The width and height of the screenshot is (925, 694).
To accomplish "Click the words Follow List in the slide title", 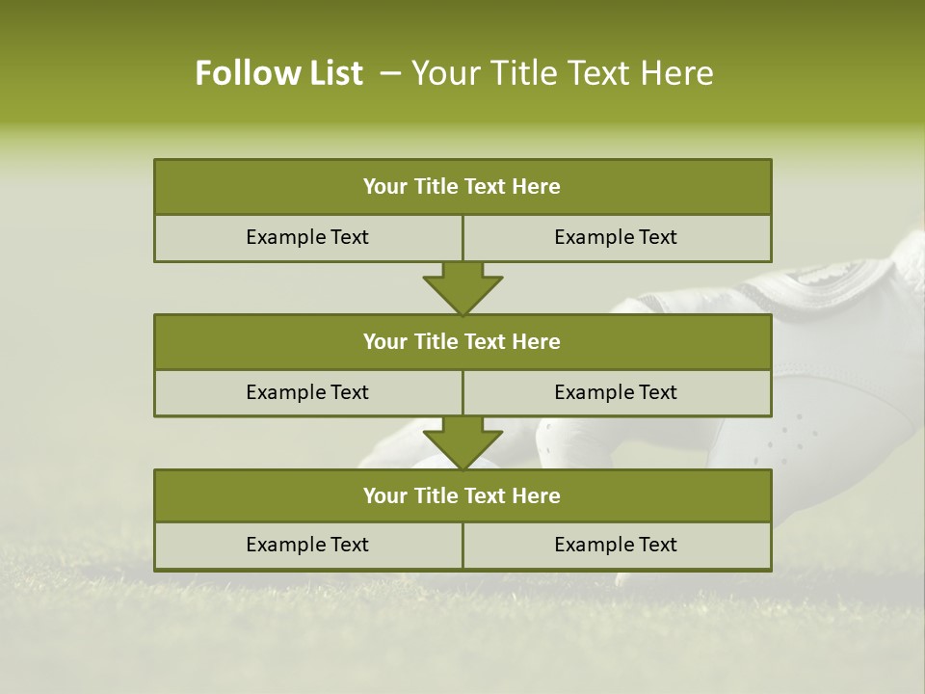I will click(278, 73).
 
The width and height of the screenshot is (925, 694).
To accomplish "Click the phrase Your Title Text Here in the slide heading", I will click(562, 73).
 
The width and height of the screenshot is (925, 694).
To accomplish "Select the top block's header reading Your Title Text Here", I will click(462, 187).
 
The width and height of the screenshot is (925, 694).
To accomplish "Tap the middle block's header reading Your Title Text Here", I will click(462, 341).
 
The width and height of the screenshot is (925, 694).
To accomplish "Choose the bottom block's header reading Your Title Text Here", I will click(462, 495).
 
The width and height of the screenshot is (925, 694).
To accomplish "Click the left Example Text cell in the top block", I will click(307, 237).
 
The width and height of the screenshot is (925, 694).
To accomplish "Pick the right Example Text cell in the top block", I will click(616, 237).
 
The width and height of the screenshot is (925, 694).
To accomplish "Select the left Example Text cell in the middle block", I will click(307, 392).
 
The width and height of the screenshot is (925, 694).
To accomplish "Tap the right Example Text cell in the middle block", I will click(616, 392).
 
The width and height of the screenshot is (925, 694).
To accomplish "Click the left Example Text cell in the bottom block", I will click(307, 545).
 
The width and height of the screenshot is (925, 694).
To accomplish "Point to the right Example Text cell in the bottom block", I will click(616, 545).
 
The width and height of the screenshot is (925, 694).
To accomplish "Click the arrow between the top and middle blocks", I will click(462, 288).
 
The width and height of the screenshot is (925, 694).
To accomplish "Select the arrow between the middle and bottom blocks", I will click(462, 443).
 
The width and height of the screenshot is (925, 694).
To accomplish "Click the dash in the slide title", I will click(390, 73).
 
